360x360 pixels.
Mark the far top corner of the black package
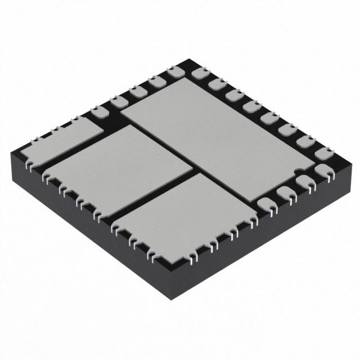pos(183,62)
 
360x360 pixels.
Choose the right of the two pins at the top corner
pos(197,73)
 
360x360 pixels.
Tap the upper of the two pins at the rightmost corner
pos(322,152)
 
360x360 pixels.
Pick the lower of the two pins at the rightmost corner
pos(323,170)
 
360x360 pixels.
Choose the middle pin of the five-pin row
pos(138,91)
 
